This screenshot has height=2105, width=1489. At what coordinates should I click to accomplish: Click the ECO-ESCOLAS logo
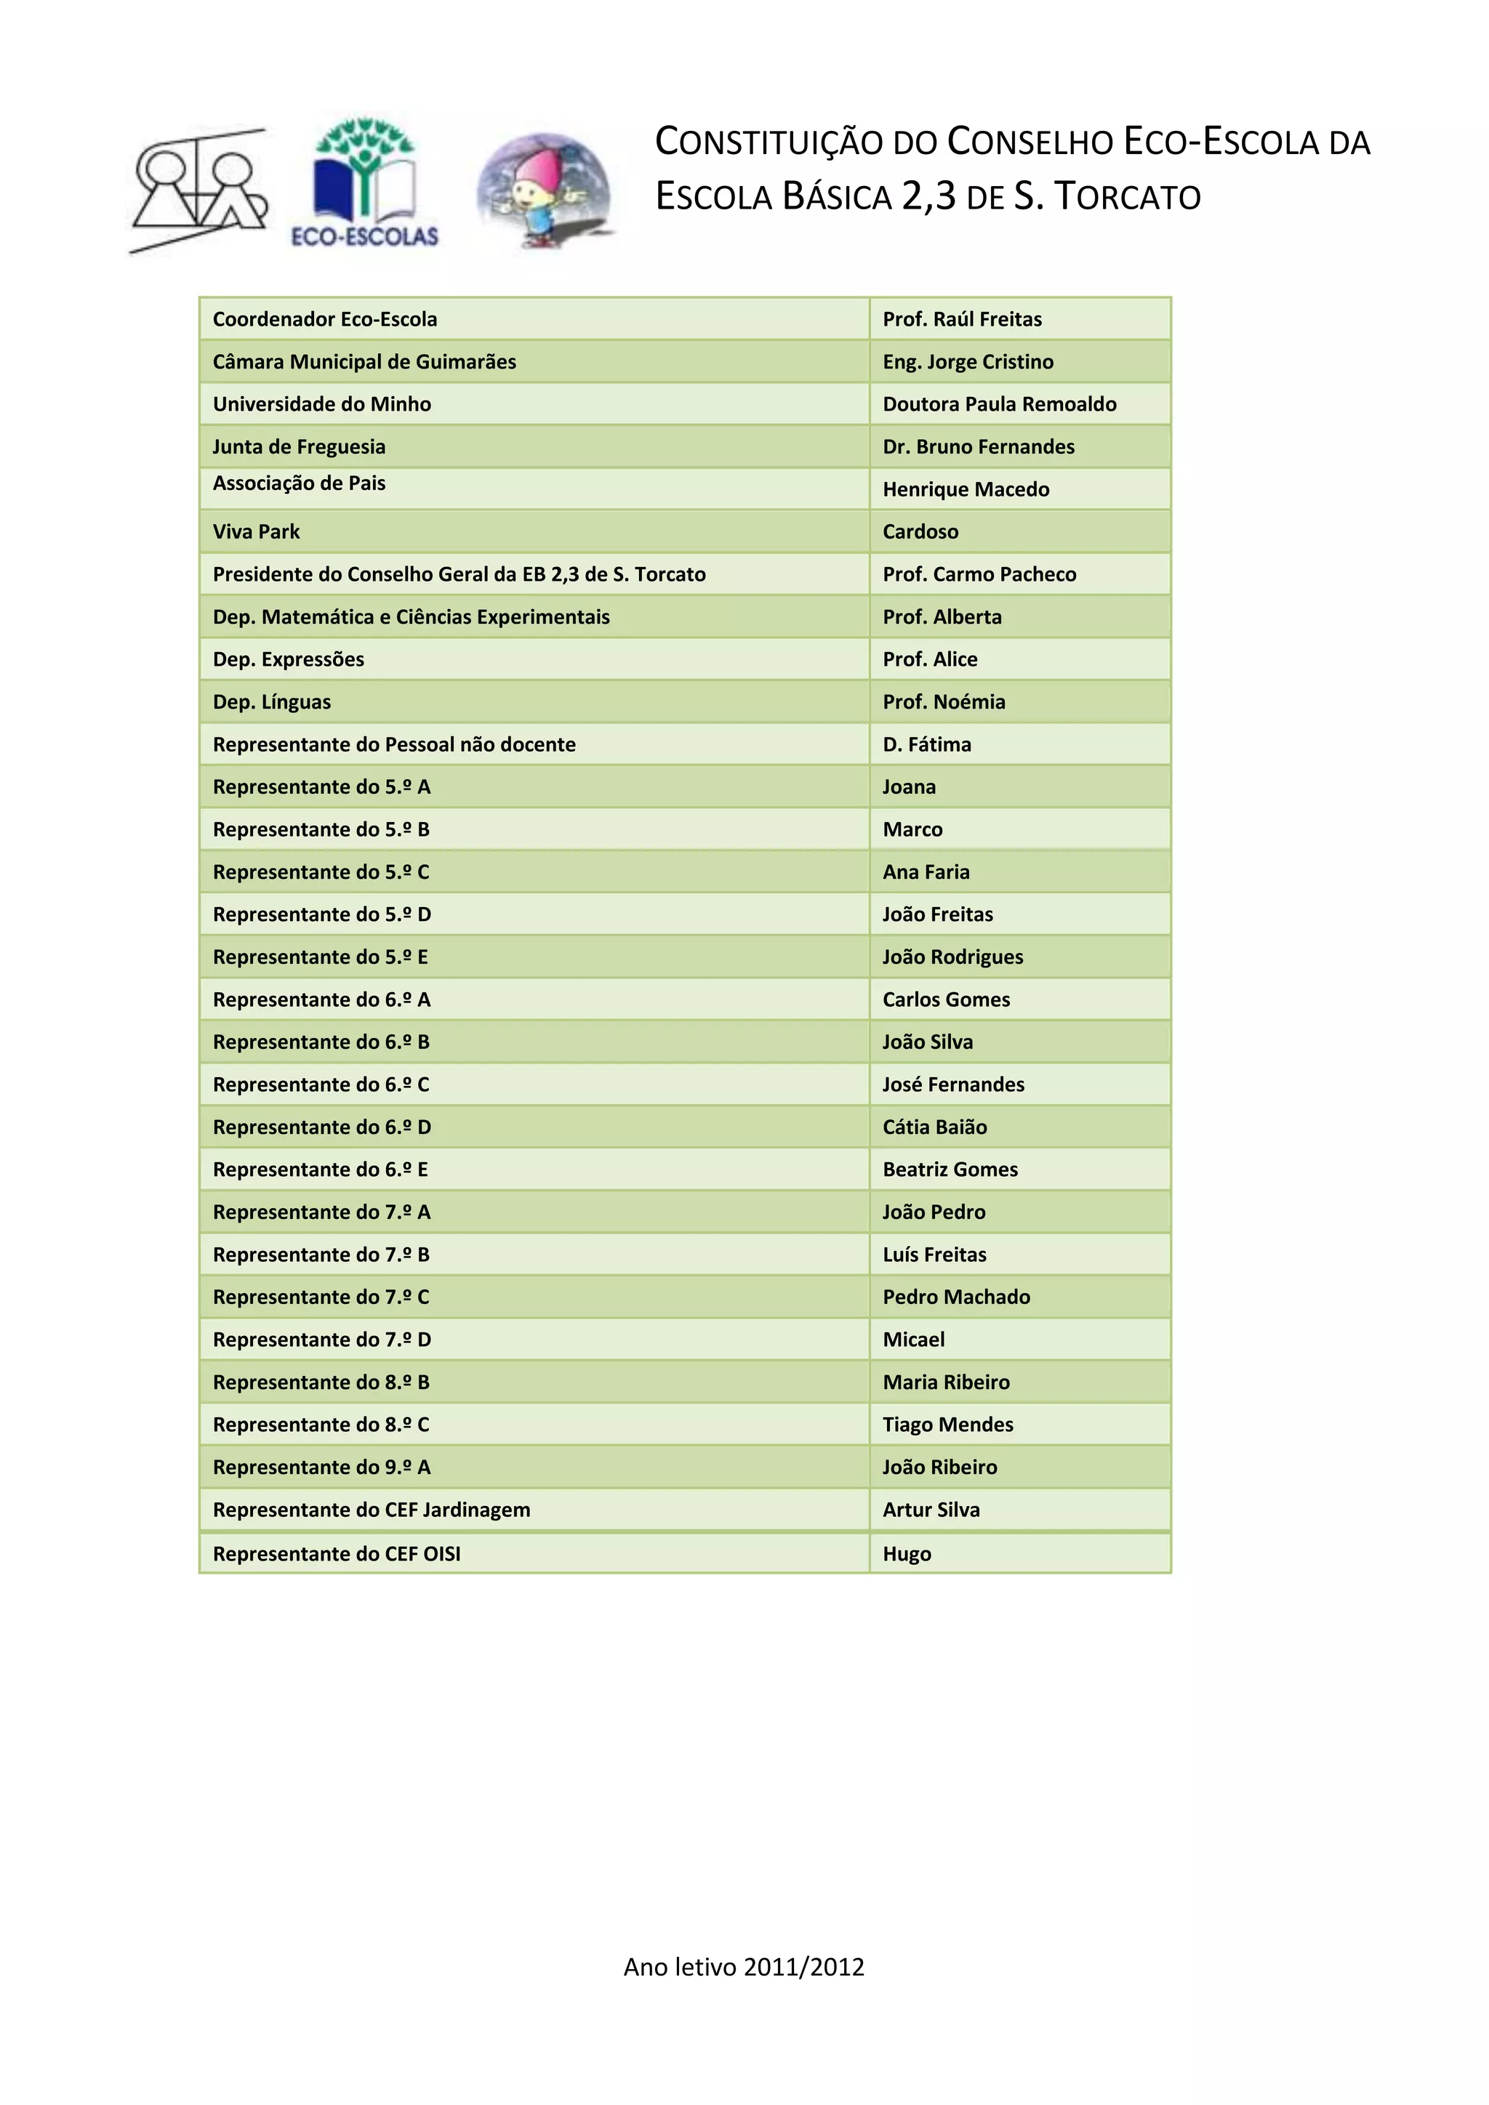pyautogui.click(x=365, y=183)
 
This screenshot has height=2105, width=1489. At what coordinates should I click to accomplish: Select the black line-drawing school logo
pyautogui.click(x=200, y=190)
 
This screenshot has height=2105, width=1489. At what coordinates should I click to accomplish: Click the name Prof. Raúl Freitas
pyautogui.click(x=962, y=319)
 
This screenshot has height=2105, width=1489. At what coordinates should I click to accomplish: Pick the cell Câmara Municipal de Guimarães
pyautogui.click(x=364, y=361)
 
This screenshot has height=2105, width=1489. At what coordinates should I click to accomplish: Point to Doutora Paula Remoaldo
pyautogui.click(x=1000, y=404)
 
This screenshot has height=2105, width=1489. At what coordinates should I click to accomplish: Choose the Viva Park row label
pyautogui.click(x=256, y=532)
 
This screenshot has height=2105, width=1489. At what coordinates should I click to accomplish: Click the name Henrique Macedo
pyautogui.click(x=966, y=490)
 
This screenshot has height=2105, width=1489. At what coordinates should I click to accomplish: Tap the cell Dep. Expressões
pyautogui.click(x=288, y=659)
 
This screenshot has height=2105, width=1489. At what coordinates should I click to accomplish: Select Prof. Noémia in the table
pyautogui.click(x=944, y=701)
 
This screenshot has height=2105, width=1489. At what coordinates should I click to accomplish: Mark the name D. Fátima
pyautogui.click(x=926, y=744)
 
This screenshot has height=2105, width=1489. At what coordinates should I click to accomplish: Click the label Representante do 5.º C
pyautogui.click(x=321, y=872)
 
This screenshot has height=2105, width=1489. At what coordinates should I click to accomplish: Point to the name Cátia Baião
pyautogui.click(x=934, y=1127)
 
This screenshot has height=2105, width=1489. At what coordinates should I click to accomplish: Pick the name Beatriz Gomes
pyautogui.click(x=950, y=1169)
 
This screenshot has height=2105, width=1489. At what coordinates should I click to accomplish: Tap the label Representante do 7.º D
pyautogui.click(x=321, y=1340)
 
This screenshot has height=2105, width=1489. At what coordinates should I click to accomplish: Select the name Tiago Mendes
pyautogui.click(x=947, y=1424)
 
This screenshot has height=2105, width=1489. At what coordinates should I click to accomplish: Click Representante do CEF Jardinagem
pyautogui.click(x=372, y=1509)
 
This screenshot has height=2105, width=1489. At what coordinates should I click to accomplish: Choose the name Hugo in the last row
pyautogui.click(x=907, y=1553)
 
